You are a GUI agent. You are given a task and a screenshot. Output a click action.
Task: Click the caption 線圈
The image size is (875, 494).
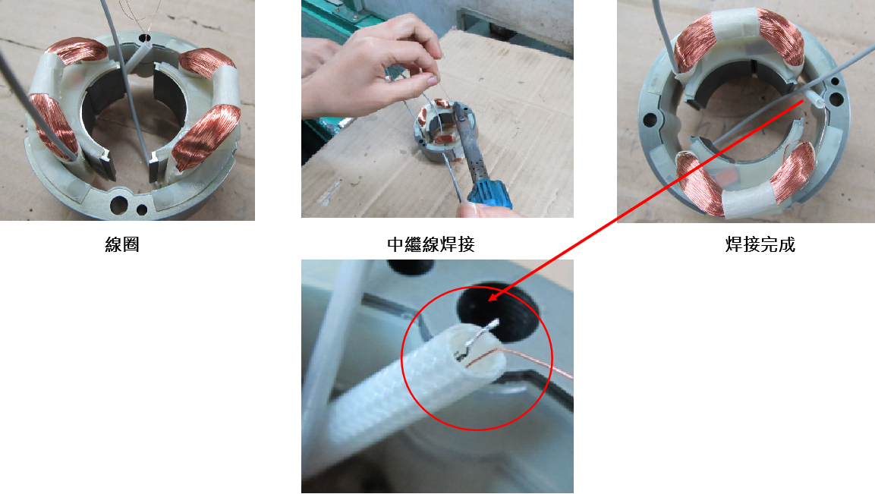(121, 244)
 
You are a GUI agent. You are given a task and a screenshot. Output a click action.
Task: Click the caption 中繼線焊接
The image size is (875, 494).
(431, 244)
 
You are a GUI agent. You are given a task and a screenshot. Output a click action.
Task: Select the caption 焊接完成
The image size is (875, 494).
(760, 244)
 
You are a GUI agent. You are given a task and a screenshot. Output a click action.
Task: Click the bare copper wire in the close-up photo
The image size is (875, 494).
(519, 359)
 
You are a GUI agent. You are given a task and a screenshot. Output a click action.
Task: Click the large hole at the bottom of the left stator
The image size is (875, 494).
(118, 205)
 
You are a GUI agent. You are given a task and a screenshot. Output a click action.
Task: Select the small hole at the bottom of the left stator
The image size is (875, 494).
(143, 210)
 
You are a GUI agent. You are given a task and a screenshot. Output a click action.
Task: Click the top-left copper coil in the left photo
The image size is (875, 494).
(78, 50)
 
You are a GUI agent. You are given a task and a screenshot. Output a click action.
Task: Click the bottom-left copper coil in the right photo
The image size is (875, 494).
(700, 184)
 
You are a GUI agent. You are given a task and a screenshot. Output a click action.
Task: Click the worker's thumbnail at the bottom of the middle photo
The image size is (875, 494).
(469, 210)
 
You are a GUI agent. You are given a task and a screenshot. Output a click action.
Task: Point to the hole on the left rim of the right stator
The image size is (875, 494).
(649, 119)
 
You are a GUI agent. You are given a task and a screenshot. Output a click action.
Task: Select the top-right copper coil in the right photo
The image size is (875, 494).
(780, 37)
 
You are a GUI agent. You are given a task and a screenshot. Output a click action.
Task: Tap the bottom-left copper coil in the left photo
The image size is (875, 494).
(53, 127)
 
